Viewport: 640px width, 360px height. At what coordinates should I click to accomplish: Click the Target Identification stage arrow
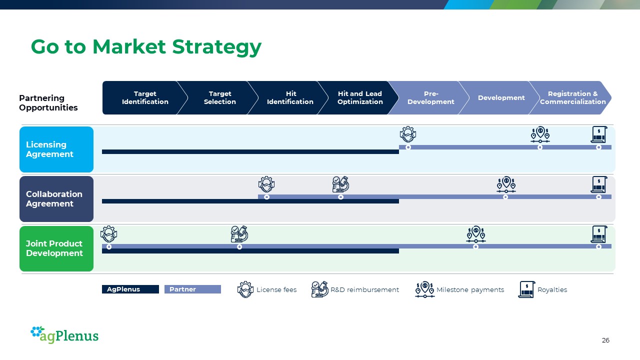point(143,97)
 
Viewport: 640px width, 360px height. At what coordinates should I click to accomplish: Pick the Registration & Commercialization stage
point(571,97)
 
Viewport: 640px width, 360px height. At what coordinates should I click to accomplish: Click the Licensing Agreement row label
point(56,149)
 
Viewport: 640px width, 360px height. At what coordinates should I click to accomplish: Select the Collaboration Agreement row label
point(56,199)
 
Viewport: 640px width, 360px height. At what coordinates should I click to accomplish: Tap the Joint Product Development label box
point(56,248)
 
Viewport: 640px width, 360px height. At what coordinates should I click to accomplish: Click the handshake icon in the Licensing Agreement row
point(408,134)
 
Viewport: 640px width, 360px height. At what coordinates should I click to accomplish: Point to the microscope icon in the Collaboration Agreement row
point(340,184)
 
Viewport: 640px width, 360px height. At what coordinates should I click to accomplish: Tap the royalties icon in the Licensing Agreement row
point(599,134)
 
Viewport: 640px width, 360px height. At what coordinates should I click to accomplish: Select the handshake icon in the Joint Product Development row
point(108,234)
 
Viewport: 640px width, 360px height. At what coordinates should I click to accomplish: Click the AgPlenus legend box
point(130,289)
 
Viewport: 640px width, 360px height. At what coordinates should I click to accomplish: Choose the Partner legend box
point(192,289)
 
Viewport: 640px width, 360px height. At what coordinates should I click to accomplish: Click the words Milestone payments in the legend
point(470,289)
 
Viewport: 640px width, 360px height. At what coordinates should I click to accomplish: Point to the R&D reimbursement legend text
point(364,289)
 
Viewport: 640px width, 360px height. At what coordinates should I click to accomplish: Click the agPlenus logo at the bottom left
point(64,334)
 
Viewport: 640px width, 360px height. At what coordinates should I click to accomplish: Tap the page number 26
point(605,340)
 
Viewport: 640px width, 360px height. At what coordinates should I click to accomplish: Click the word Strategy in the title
point(217,47)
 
